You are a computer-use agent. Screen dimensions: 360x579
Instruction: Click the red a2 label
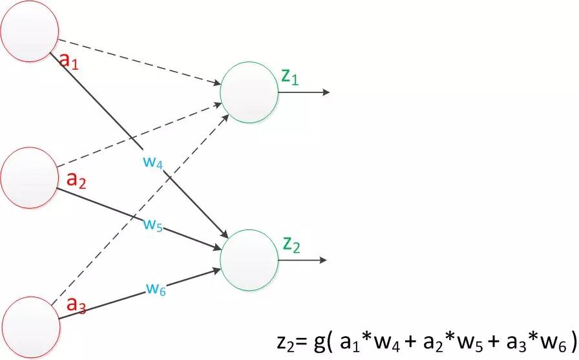pyautogui.click(x=77, y=180)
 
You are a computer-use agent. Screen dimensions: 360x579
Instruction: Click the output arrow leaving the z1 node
pyautogui.click(x=304, y=92)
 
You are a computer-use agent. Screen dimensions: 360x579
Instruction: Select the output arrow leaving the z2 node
pyautogui.click(x=304, y=260)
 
